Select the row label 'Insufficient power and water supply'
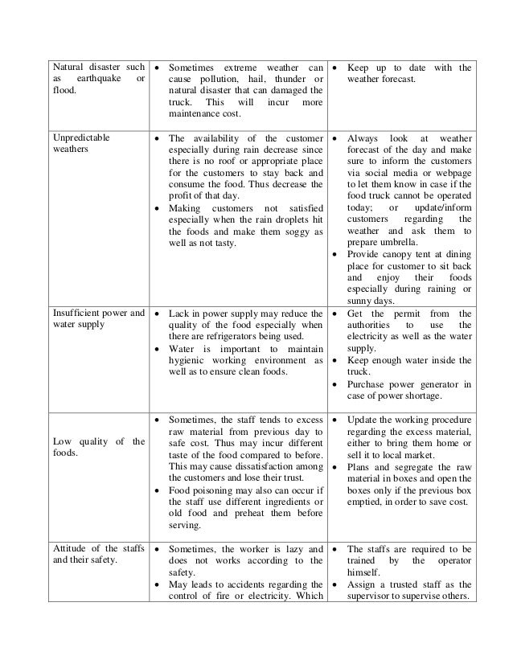click(96, 319)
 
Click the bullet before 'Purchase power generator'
click(335, 385)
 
